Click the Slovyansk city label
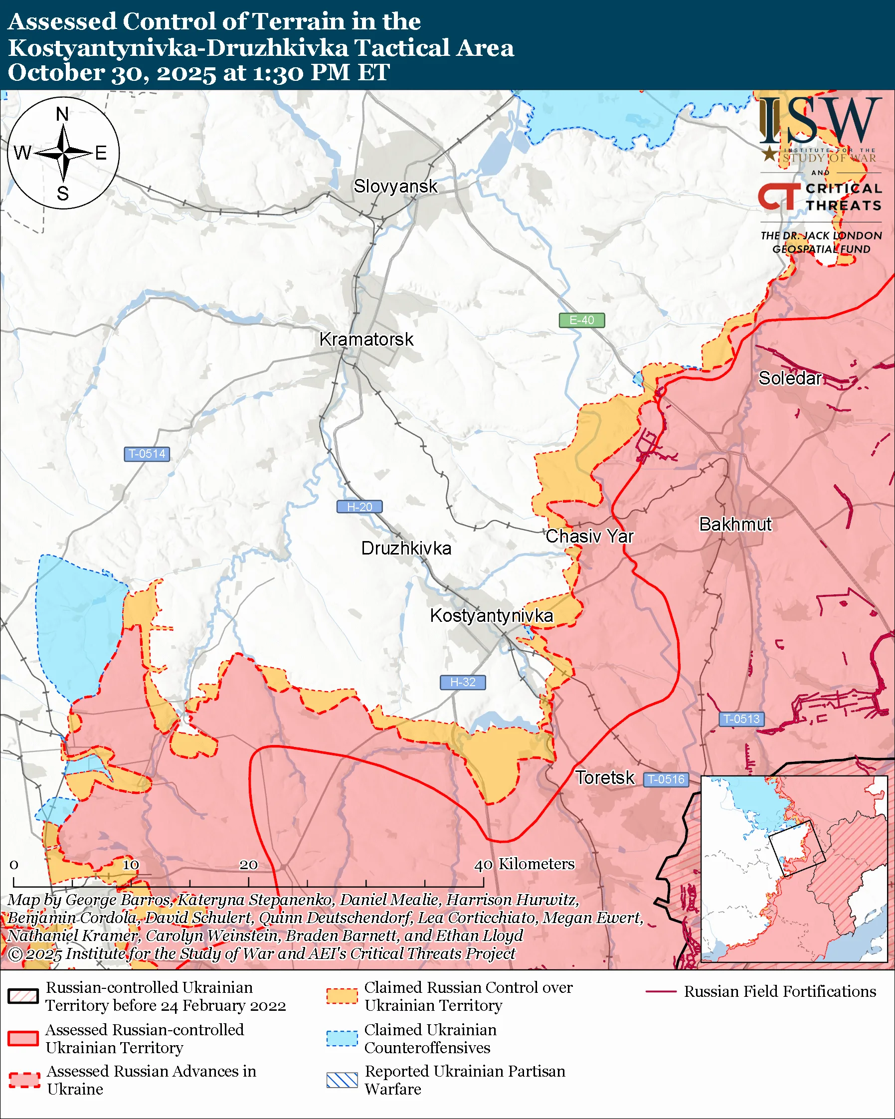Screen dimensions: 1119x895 pos(395,186)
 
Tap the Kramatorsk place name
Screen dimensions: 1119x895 pos(366,340)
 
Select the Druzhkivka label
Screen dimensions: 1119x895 pos(406,549)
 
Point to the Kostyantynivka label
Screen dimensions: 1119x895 pos(491,615)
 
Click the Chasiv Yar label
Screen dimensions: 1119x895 pos(589,536)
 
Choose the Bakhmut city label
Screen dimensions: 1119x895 pos(735,524)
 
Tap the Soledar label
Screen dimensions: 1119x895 pos(790,378)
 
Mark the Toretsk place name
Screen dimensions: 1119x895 pos(604,777)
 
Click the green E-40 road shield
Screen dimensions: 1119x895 pos(581,320)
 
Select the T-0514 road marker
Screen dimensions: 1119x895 pos(147,454)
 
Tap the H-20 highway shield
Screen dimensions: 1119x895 pos(359,507)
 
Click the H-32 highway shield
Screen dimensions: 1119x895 pos(463,682)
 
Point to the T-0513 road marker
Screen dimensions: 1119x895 pos(741,719)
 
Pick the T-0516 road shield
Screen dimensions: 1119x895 pos(666,779)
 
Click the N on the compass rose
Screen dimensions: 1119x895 pos(62,114)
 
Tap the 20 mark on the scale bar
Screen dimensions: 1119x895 pos(248,865)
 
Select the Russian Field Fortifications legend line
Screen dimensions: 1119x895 pos(661,991)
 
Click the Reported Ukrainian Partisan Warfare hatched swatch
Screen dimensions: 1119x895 pos(342,1080)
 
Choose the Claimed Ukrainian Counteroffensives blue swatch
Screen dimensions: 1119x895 pos(342,1038)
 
